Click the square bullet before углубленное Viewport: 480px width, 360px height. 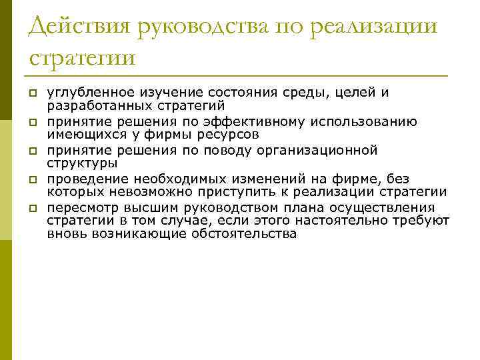[32, 93]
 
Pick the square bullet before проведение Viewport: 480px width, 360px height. [32, 180]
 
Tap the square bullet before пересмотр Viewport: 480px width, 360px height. [32, 209]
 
